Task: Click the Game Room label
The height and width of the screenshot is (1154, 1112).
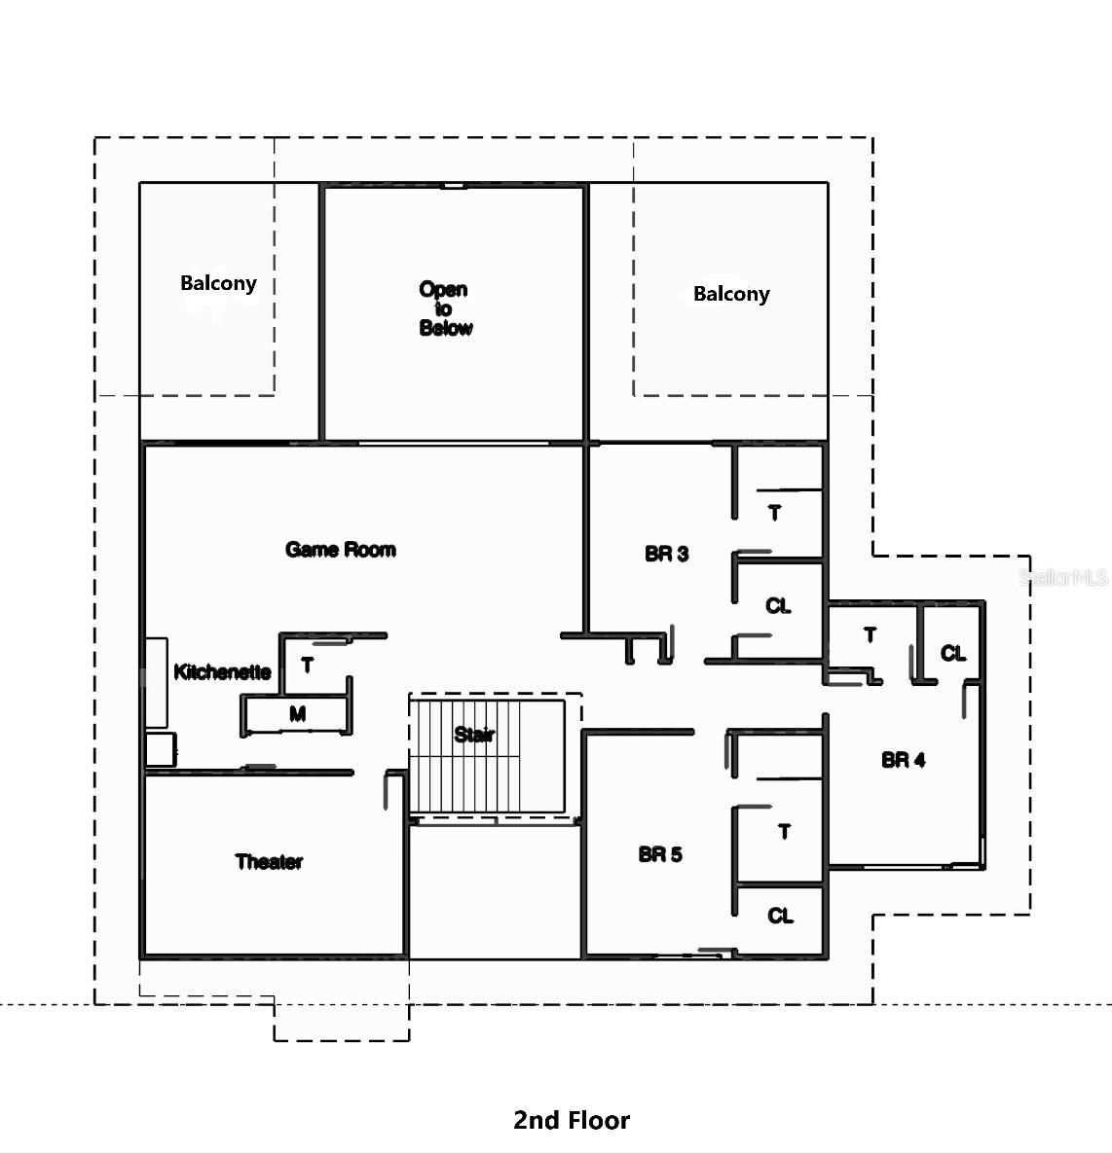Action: click(x=341, y=550)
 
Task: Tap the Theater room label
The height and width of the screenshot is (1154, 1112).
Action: click(x=269, y=861)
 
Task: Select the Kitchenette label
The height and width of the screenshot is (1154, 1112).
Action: click(x=222, y=671)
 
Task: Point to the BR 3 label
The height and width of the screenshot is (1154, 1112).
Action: click(x=667, y=554)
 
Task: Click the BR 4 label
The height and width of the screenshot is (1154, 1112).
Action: click(x=903, y=760)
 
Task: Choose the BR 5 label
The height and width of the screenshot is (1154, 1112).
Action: click(x=660, y=854)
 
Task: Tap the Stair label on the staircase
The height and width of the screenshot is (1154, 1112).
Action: click(x=474, y=735)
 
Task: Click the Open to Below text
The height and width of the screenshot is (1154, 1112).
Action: click(x=445, y=308)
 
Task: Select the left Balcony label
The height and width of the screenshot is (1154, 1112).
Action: click(x=218, y=283)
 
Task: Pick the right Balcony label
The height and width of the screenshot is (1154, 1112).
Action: click(x=731, y=294)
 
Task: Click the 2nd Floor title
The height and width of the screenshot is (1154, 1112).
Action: click(x=572, y=1120)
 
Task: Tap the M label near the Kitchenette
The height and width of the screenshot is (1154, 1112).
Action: click(x=298, y=714)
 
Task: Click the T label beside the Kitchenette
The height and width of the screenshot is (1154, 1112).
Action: click(x=308, y=666)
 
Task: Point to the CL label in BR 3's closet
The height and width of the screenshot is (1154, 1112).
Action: click(x=778, y=606)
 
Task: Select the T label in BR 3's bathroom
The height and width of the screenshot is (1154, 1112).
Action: click(x=775, y=512)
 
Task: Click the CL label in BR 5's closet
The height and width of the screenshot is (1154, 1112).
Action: click(x=780, y=916)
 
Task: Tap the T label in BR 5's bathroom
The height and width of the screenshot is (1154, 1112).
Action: click(x=784, y=831)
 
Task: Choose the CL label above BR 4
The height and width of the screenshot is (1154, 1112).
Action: click(x=952, y=653)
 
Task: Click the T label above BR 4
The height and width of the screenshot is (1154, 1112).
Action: click(x=870, y=634)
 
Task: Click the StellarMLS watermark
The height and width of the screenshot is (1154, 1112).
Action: click(x=1063, y=577)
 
